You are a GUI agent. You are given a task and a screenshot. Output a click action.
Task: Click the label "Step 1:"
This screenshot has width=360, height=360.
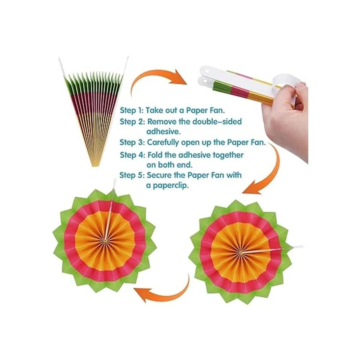tap(131, 110)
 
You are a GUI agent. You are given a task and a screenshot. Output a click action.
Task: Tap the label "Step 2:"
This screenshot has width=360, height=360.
tap(132, 121)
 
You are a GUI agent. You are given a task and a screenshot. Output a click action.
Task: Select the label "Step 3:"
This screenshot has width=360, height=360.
tap(132, 142)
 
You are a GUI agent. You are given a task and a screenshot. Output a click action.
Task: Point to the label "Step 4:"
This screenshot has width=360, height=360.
tap(132, 155)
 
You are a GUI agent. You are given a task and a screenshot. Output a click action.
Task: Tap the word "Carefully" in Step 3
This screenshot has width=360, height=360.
tap(163, 143)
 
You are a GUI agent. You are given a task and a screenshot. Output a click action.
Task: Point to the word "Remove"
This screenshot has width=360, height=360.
tap(162, 121)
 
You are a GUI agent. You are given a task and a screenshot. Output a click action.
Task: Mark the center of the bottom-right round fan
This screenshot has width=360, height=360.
tap(241, 252)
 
